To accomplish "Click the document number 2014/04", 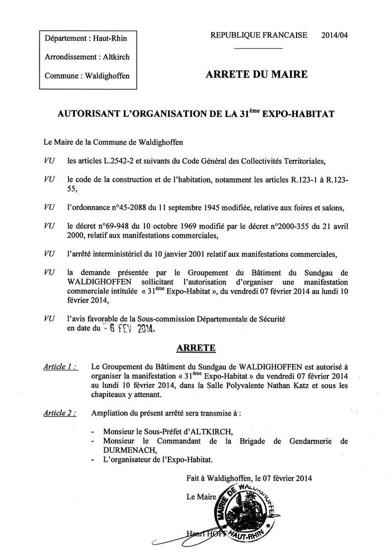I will (x=336, y=35).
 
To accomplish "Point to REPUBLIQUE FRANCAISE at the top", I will (x=259, y=35).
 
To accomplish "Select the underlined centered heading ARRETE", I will (x=196, y=348).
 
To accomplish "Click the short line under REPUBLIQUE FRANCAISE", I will (x=259, y=48).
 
